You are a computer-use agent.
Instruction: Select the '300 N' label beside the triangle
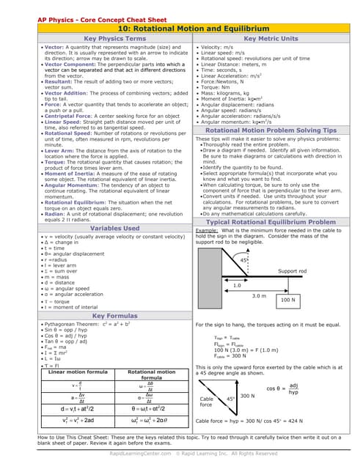point(247,395)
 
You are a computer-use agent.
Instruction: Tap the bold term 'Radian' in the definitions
point(53,213)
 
